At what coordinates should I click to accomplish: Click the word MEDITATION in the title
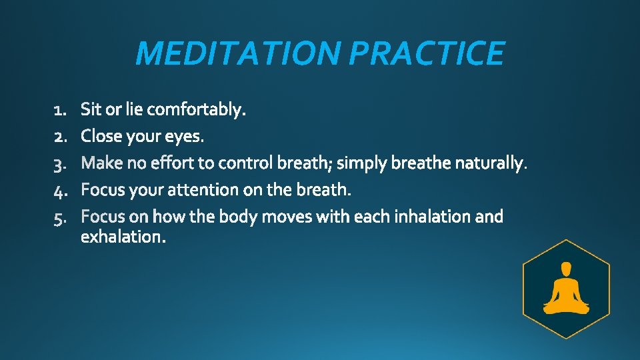coord(239,53)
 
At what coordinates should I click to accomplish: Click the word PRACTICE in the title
coord(427,53)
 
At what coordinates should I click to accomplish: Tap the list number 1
coord(58,109)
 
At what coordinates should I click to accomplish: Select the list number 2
coord(58,137)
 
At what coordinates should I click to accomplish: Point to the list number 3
coord(58,163)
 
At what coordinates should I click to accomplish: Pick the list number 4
coord(58,191)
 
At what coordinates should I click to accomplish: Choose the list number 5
coord(58,217)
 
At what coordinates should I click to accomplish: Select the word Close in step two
coord(100,137)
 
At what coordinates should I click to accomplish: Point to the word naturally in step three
coord(492,163)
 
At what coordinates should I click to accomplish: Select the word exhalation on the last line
coord(121,237)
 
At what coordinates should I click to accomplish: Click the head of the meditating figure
coord(566,269)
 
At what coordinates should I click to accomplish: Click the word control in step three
coord(246,163)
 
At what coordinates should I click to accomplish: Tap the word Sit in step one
coord(91,109)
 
